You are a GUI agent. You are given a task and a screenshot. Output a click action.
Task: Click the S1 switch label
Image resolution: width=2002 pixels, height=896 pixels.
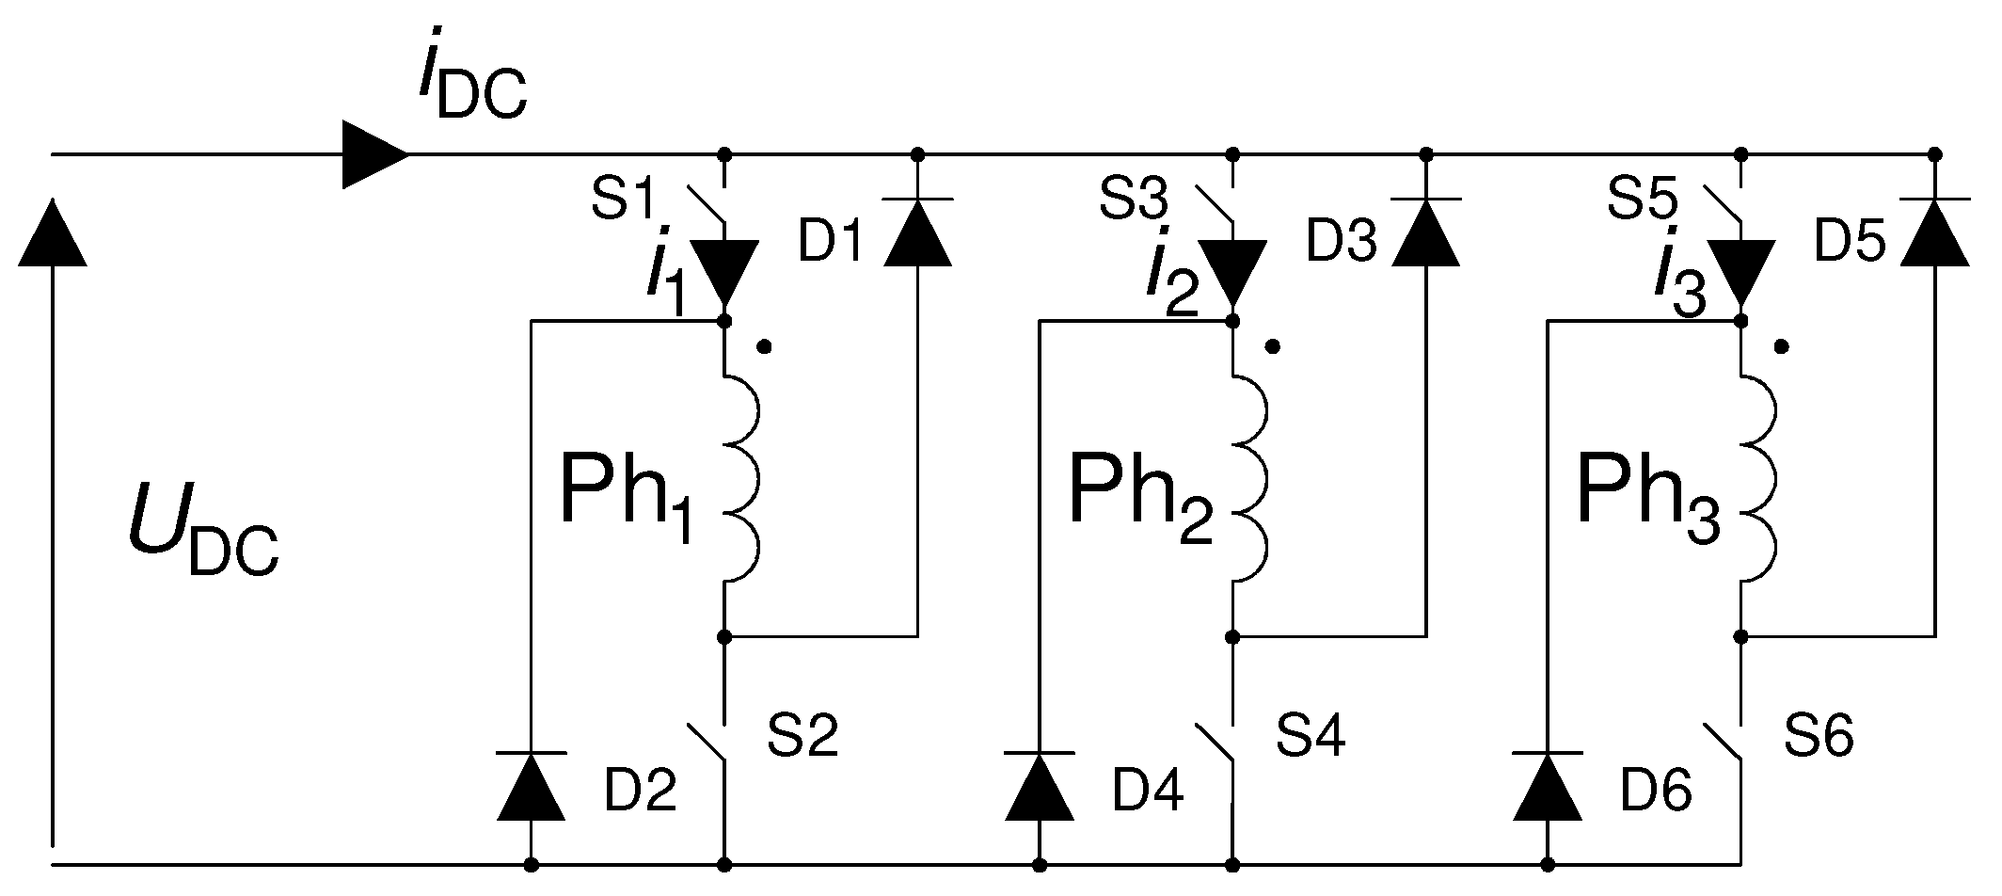623,200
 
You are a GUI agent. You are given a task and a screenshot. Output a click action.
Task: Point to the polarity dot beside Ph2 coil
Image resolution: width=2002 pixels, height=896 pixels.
1273,347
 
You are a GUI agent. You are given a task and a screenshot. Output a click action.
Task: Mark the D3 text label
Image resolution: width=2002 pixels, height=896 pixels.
1342,244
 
